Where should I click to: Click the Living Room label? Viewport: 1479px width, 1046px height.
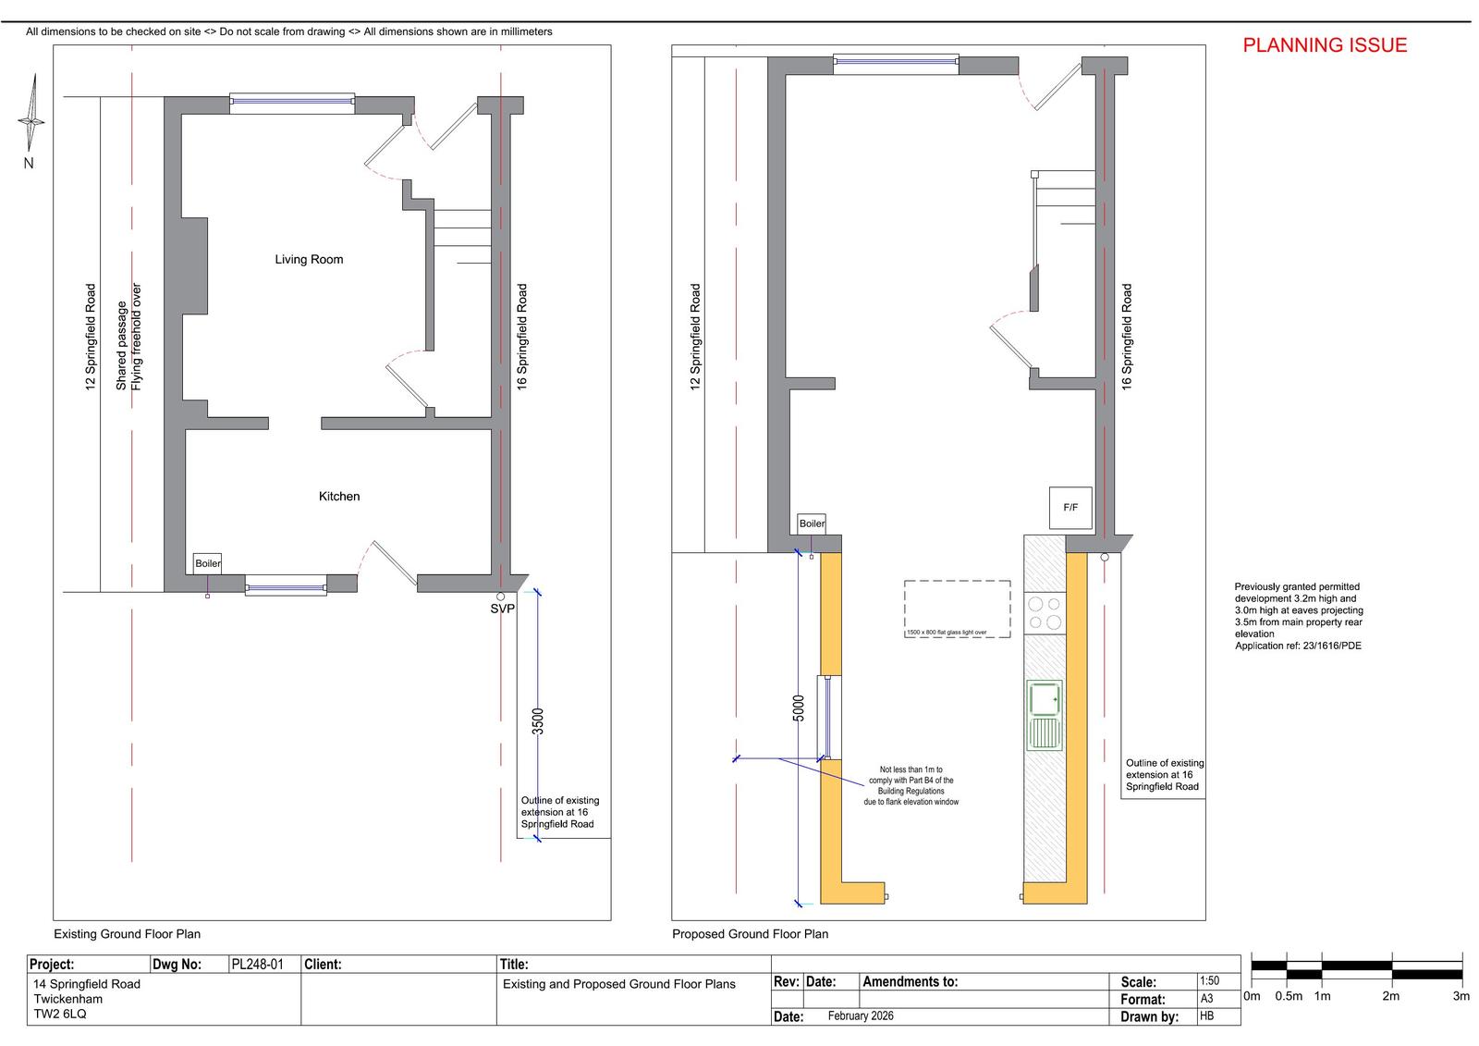pos(309,260)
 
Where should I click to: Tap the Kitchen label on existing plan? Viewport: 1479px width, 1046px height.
pos(339,497)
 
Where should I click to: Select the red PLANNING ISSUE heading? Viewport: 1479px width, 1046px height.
pos(1325,45)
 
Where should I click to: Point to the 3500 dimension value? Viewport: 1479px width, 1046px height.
pos(538,720)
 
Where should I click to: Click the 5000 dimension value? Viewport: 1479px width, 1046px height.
pos(799,708)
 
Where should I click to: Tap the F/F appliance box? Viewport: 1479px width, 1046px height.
pos(1070,508)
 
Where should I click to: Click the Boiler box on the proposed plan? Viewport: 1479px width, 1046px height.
pos(812,524)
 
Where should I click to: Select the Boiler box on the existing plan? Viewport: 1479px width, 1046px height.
pos(207,563)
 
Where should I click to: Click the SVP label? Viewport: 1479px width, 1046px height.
pos(503,609)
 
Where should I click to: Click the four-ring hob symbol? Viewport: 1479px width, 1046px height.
pos(1045,613)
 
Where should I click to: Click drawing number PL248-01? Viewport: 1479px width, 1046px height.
pos(258,964)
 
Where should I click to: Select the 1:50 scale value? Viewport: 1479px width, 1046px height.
pos(1210,980)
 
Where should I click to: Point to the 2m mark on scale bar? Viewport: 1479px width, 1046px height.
pos(1390,996)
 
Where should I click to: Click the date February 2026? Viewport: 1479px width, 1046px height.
pos(861,1015)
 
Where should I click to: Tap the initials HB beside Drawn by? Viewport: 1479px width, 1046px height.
pos(1207,1015)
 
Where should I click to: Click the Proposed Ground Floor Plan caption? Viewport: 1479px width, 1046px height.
pos(750,934)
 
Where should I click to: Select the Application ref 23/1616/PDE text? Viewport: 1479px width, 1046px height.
pos(1298,646)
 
